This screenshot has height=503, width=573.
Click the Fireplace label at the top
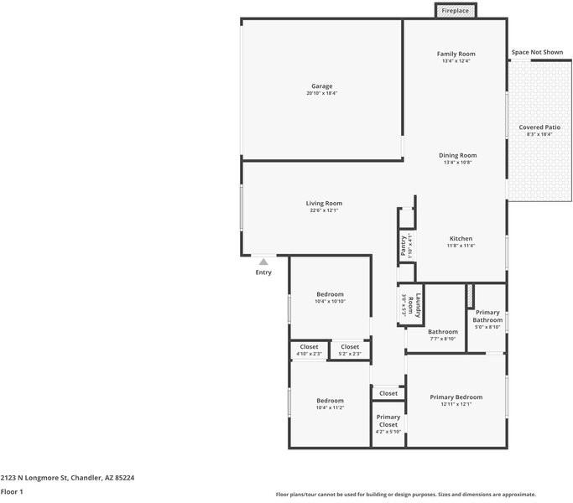(x=456, y=11)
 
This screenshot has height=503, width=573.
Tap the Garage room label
(x=322, y=86)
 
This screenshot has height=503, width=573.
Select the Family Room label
(x=456, y=54)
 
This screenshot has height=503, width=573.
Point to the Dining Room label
(x=457, y=155)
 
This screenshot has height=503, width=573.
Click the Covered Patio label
(x=539, y=127)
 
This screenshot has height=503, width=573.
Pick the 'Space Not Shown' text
(x=537, y=53)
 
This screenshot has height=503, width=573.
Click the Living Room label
(x=323, y=203)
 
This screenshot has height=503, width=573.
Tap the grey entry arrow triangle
(x=263, y=262)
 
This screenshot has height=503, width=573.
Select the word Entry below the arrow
(x=263, y=272)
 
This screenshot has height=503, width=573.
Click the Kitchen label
(x=461, y=239)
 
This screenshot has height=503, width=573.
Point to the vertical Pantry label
(x=404, y=245)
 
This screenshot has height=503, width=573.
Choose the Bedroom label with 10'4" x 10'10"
(x=330, y=294)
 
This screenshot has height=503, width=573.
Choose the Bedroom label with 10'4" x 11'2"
(x=330, y=401)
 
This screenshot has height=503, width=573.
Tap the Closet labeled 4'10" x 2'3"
(x=309, y=347)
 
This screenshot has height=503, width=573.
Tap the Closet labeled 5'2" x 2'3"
(x=350, y=347)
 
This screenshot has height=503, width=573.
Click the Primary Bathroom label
(x=487, y=316)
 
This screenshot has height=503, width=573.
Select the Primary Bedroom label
(x=456, y=397)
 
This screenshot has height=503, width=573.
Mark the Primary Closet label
(x=388, y=421)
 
